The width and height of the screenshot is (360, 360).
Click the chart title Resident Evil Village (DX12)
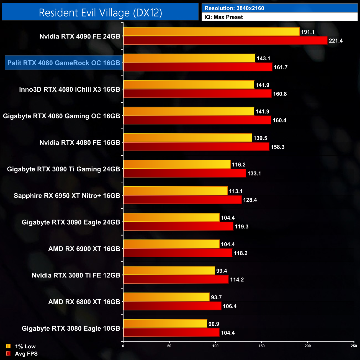click(100, 13)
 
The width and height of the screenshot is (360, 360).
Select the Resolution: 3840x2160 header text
click(234, 8)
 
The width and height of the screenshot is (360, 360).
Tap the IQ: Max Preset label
click(223, 17)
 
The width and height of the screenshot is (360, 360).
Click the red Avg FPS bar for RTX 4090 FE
click(225, 40)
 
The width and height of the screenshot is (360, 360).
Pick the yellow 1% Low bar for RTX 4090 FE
click(211, 32)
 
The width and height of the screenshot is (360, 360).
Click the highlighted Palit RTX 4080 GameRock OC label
click(64, 63)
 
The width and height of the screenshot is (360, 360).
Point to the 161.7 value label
click(281, 67)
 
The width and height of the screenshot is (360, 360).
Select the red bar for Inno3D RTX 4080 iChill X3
click(197, 94)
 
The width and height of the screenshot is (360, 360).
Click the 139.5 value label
click(260, 138)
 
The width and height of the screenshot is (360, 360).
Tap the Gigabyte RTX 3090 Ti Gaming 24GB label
click(63, 169)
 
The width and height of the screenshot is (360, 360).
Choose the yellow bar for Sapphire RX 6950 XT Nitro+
click(175, 191)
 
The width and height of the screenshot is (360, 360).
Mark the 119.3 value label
click(241, 227)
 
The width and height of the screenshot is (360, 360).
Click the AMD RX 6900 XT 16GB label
click(84, 249)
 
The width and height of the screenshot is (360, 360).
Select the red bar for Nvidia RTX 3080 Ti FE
click(176, 279)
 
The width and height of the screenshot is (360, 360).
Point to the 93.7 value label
click(216, 297)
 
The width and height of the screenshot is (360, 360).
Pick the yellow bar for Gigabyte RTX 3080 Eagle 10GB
click(165, 324)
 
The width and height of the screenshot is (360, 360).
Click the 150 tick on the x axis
click(261, 346)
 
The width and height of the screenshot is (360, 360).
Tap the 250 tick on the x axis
click(354, 346)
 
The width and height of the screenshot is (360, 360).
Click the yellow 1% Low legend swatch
click(8, 346)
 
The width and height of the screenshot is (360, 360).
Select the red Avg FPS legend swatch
click(8, 354)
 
